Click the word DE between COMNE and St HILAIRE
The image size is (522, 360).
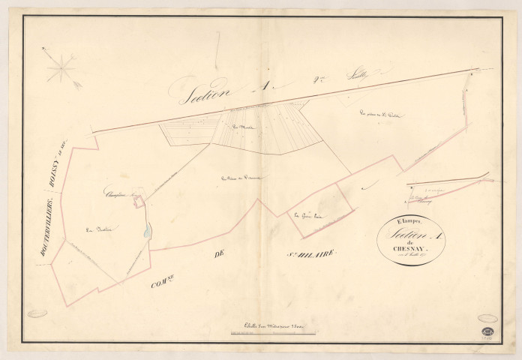220,256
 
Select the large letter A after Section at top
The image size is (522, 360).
262,85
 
